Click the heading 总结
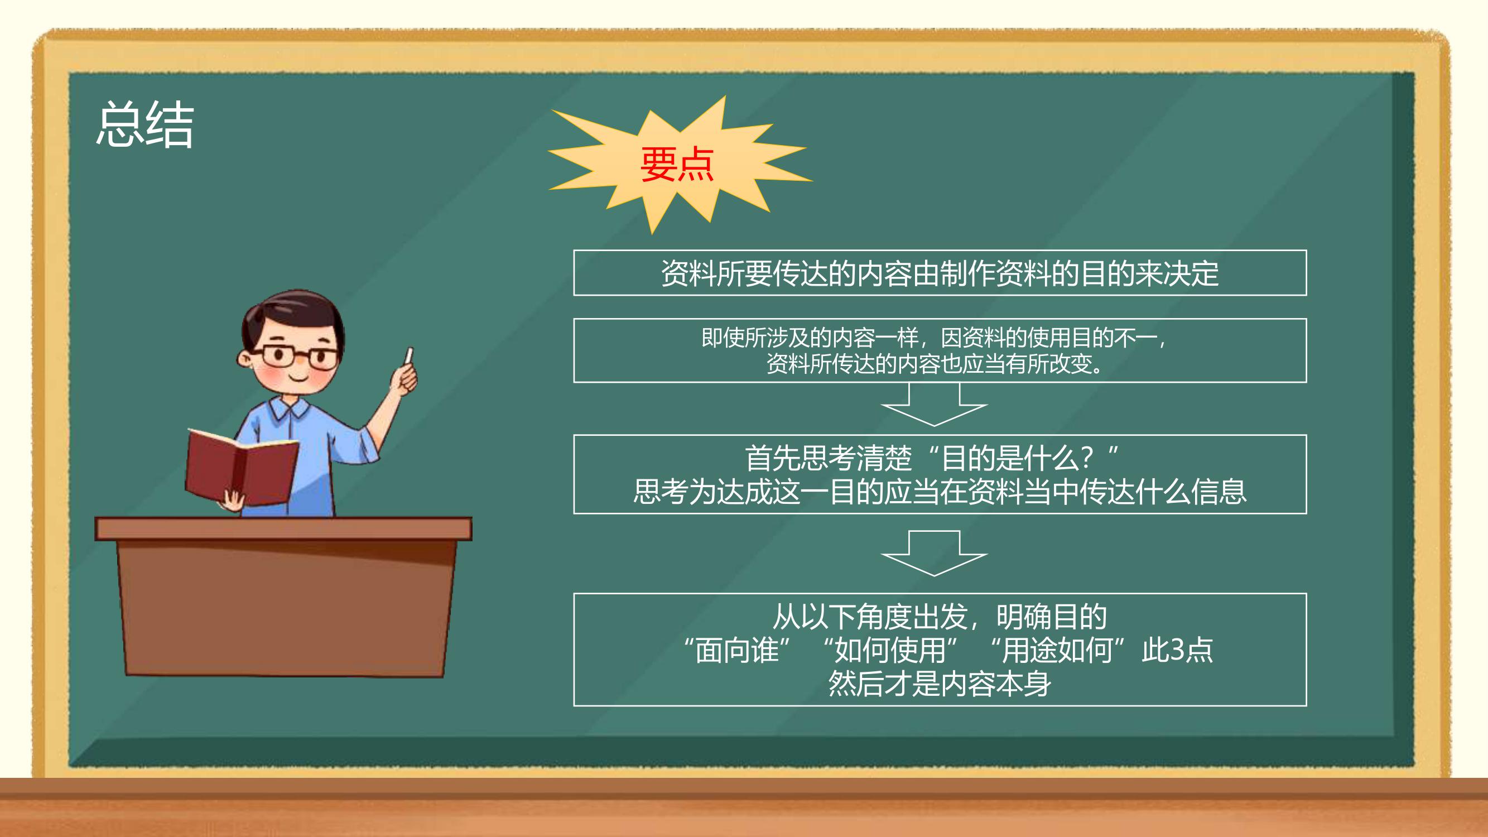(x=145, y=124)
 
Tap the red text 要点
(x=677, y=164)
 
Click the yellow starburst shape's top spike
(x=724, y=97)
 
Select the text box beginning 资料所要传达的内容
(x=940, y=273)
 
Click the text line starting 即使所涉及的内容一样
(x=933, y=338)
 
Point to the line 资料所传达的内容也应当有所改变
(x=933, y=364)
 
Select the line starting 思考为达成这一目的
(x=940, y=492)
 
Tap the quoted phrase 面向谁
(x=736, y=650)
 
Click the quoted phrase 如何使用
(x=890, y=650)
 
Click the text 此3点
(x=1177, y=650)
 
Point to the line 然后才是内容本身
(x=940, y=684)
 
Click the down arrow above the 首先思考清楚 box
(x=934, y=405)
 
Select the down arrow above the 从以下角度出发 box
(x=934, y=554)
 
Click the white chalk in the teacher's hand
(x=409, y=355)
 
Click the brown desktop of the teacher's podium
(x=283, y=528)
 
